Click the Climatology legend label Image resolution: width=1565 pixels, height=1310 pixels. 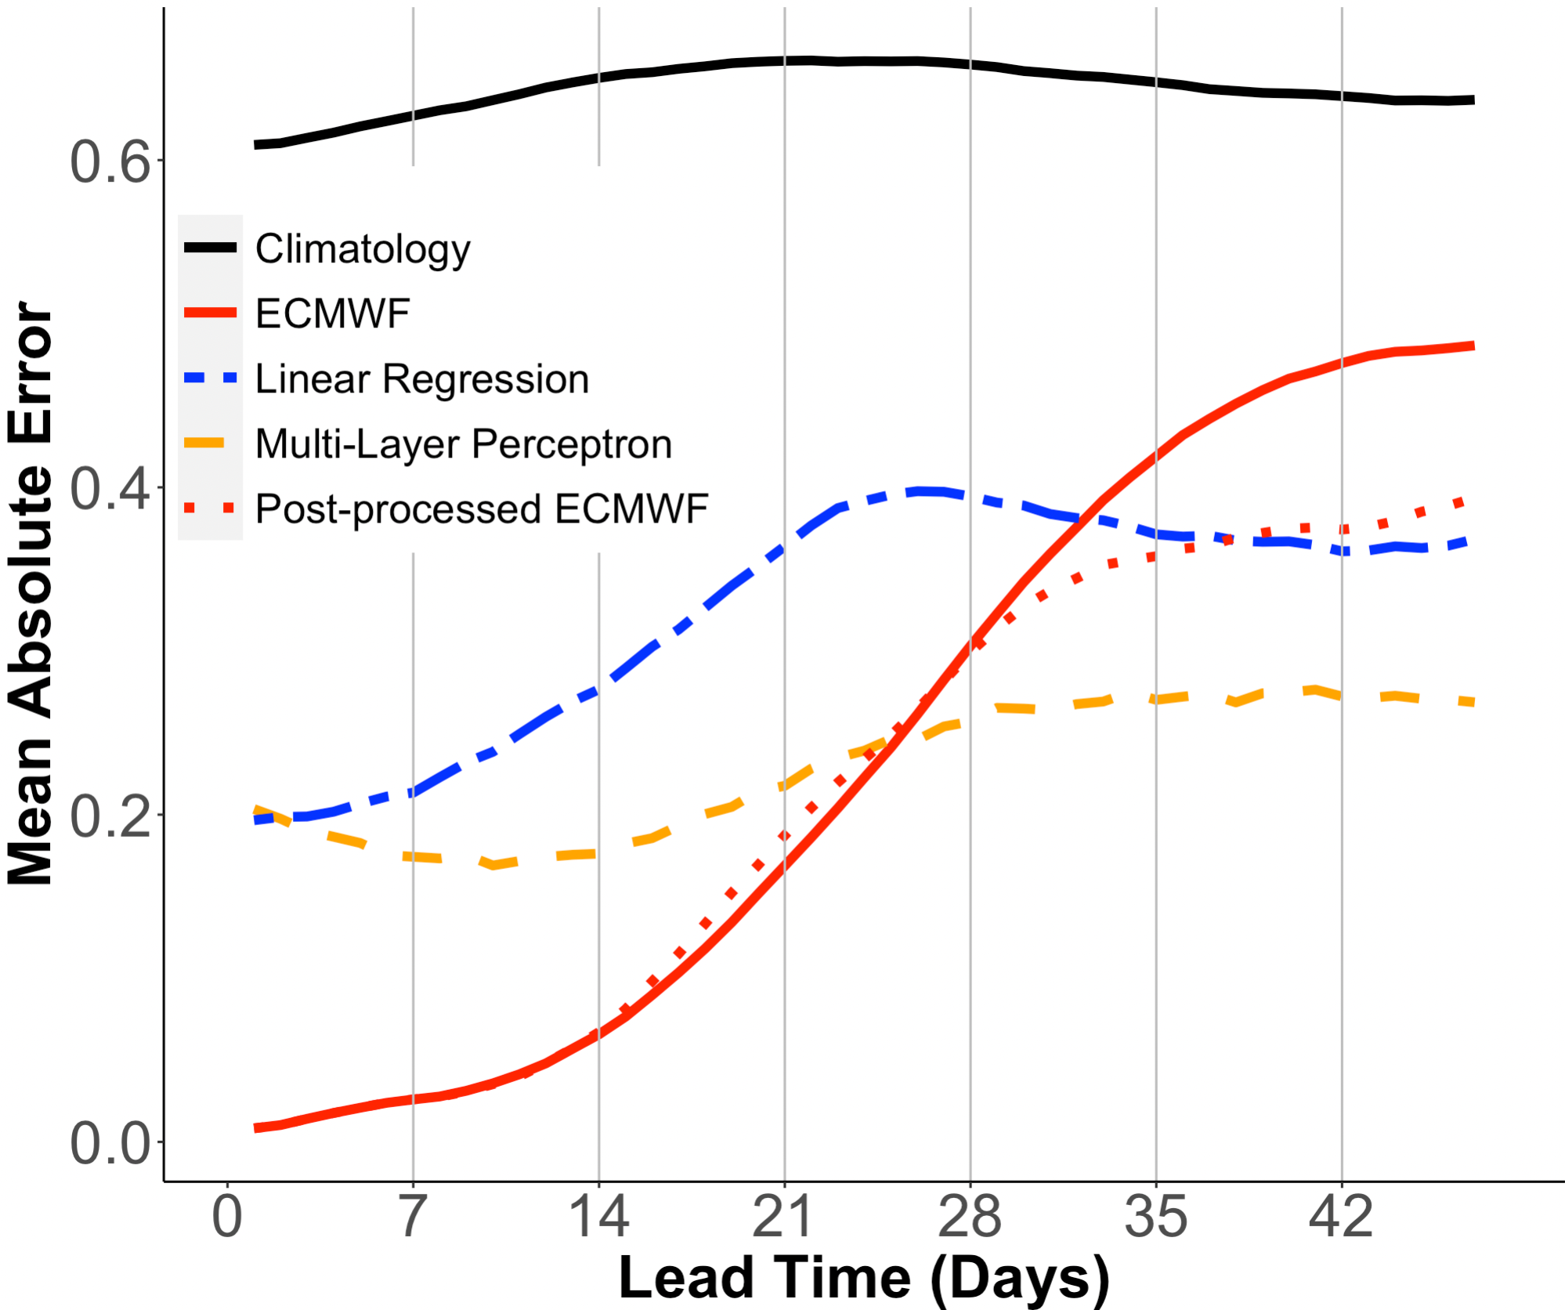coord(363,249)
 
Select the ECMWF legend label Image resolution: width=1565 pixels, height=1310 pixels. coord(333,314)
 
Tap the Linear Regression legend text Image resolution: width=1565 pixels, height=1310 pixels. coord(422,379)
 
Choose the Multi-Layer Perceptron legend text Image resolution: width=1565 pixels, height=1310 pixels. coord(464,444)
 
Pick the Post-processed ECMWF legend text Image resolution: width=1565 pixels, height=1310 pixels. coord(482,509)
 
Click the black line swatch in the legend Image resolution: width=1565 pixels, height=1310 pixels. coord(210,248)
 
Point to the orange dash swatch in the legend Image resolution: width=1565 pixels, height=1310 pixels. coord(205,444)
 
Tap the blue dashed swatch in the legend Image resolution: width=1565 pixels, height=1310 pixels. coord(210,378)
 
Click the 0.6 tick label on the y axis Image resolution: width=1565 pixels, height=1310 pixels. coord(110,162)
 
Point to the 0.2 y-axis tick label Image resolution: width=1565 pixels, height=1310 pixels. coord(110,816)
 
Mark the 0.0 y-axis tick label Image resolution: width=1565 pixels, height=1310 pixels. coord(110,1144)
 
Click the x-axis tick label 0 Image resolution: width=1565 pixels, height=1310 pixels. coord(227,1218)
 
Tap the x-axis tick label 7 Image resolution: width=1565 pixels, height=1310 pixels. coord(413,1218)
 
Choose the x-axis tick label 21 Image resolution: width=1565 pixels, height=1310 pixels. coord(784,1218)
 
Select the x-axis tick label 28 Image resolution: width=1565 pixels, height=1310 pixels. coord(970,1218)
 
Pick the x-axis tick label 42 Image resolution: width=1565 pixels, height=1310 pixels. coord(1341,1218)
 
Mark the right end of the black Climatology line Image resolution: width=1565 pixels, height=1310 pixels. coord(1473,100)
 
